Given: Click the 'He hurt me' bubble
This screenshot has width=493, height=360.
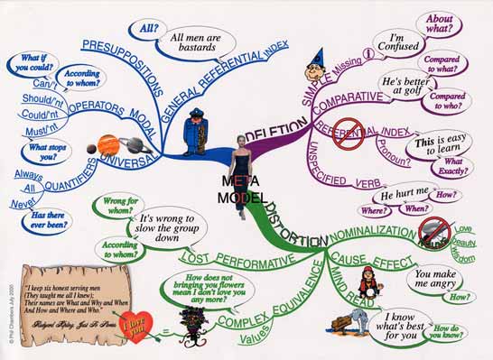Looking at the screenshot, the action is point(396,195).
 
